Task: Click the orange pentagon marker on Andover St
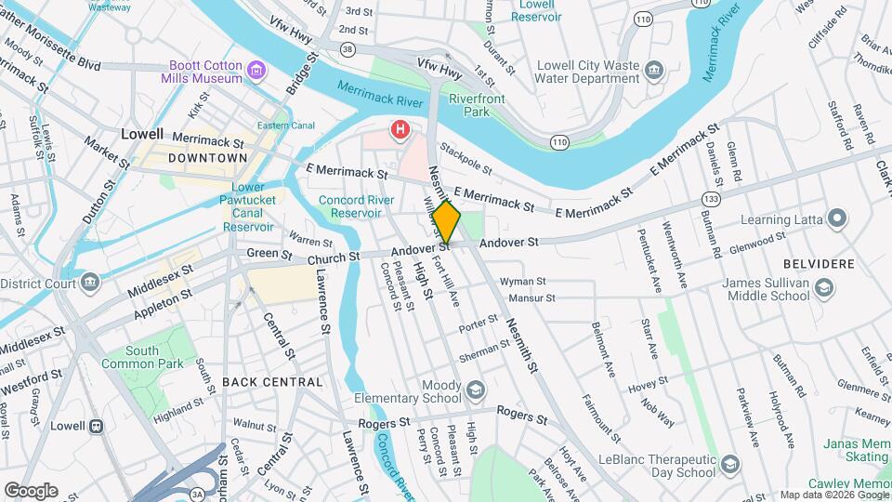(447, 222)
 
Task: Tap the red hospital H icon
(400, 130)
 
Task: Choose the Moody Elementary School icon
(476, 389)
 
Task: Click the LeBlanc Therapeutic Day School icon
(730, 464)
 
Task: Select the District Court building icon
(89, 282)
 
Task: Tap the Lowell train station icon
(95, 426)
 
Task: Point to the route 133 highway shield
(712, 199)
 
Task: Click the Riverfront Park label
(469, 105)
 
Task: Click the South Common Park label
(154, 358)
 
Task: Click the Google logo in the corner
(31, 490)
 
